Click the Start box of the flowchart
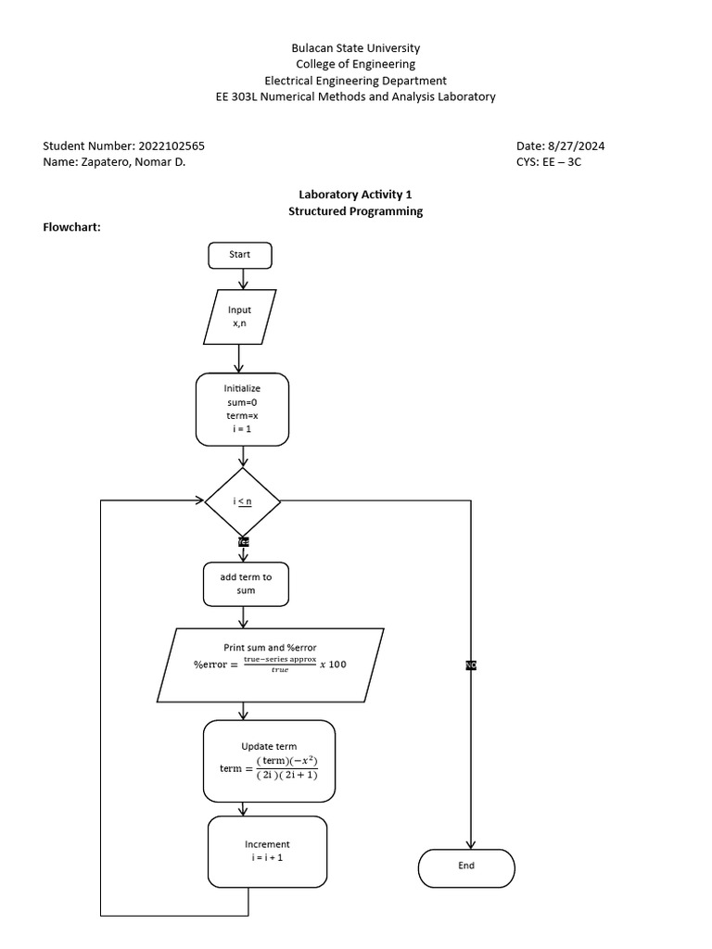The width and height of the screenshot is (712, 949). click(241, 255)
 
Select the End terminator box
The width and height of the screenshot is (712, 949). click(466, 867)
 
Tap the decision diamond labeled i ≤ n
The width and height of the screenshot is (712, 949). click(243, 501)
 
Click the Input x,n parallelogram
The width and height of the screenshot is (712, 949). click(240, 317)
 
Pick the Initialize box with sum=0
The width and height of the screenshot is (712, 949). click(243, 410)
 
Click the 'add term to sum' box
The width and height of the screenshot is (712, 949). click(246, 584)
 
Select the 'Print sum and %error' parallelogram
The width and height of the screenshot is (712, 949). click(270, 664)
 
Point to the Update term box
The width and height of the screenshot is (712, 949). click(269, 761)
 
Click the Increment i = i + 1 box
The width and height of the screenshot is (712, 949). click(267, 851)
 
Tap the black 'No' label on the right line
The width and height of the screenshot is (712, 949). click(471, 665)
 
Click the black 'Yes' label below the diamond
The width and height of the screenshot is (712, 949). click(243, 541)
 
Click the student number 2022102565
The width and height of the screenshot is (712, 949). click(172, 146)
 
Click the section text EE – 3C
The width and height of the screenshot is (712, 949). click(562, 163)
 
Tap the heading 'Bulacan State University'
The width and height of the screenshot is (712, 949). click(355, 47)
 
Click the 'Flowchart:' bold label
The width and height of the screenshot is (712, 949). click(72, 228)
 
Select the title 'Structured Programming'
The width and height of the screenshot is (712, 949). click(355, 211)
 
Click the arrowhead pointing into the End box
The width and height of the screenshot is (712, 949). click(471, 843)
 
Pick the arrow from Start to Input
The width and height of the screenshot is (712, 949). click(243, 279)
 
